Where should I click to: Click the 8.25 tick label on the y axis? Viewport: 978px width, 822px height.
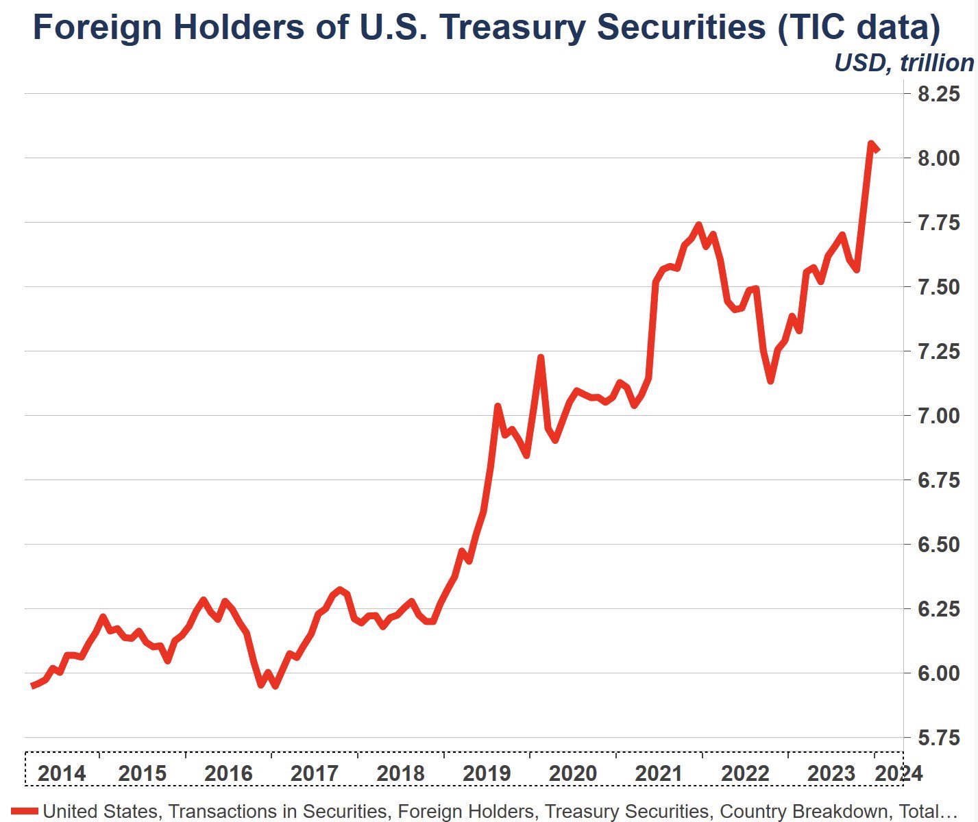(x=938, y=94)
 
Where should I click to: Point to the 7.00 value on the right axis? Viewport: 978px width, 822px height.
(x=938, y=416)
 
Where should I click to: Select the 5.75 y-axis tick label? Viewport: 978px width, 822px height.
(x=938, y=738)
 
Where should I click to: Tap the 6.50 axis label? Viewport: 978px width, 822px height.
(x=938, y=545)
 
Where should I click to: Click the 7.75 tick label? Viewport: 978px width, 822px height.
(x=938, y=223)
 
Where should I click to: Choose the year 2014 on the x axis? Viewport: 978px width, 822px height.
(x=62, y=773)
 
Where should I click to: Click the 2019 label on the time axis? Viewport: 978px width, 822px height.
(x=487, y=773)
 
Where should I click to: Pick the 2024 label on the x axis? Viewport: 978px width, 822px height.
(x=899, y=773)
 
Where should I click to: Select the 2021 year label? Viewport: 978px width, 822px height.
(x=659, y=773)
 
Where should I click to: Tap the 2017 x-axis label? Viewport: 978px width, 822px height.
(x=315, y=773)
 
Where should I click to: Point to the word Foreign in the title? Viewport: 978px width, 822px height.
(x=97, y=28)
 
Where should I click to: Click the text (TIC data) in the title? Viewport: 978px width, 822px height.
(x=859, y=28)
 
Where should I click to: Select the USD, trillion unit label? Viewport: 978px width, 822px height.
(x=903, y=63)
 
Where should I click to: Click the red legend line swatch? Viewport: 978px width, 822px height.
(x=25, y=811)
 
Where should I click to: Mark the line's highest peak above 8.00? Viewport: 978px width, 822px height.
(x=870, y=144)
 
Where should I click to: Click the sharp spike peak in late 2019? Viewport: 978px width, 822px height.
(x=541, y=358)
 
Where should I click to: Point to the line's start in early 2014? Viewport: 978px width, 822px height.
(x=33, y=685)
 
